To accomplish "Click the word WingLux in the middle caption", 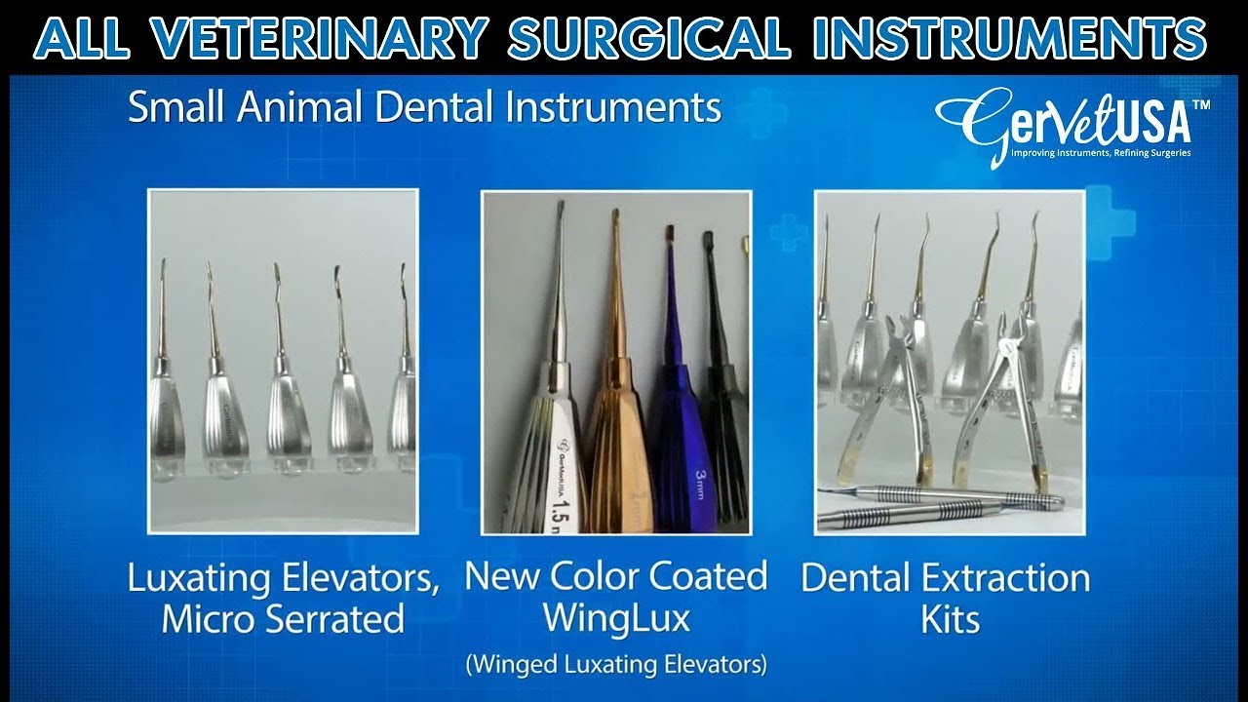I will tap(616, 618).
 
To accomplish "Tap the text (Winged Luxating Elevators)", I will tap(616, 666).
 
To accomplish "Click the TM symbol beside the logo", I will tap(1201, 104).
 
